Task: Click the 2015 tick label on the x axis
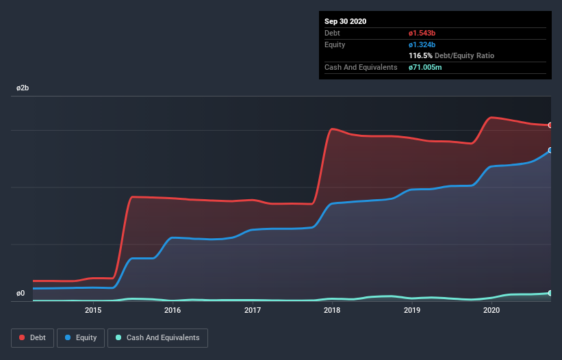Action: point(93,310)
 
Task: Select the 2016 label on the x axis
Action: point(173,310)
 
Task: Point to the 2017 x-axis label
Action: point(253,310)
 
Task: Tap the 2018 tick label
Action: point(332,310)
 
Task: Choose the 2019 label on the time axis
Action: point(412,310)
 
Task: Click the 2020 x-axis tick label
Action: point(491,310)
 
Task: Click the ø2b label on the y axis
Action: point(23,88)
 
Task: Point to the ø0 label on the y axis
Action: point(21,293)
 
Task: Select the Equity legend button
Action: point(81,337)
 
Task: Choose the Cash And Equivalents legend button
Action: point(157,337)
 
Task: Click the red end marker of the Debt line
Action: point(550,125)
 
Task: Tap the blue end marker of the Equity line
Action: point(550,150)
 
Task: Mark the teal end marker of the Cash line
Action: point(550,293)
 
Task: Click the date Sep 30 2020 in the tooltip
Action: point(345,21)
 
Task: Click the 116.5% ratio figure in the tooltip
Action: point(420,55)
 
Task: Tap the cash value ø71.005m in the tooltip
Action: point(429,67)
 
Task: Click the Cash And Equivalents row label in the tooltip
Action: point(361,67)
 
